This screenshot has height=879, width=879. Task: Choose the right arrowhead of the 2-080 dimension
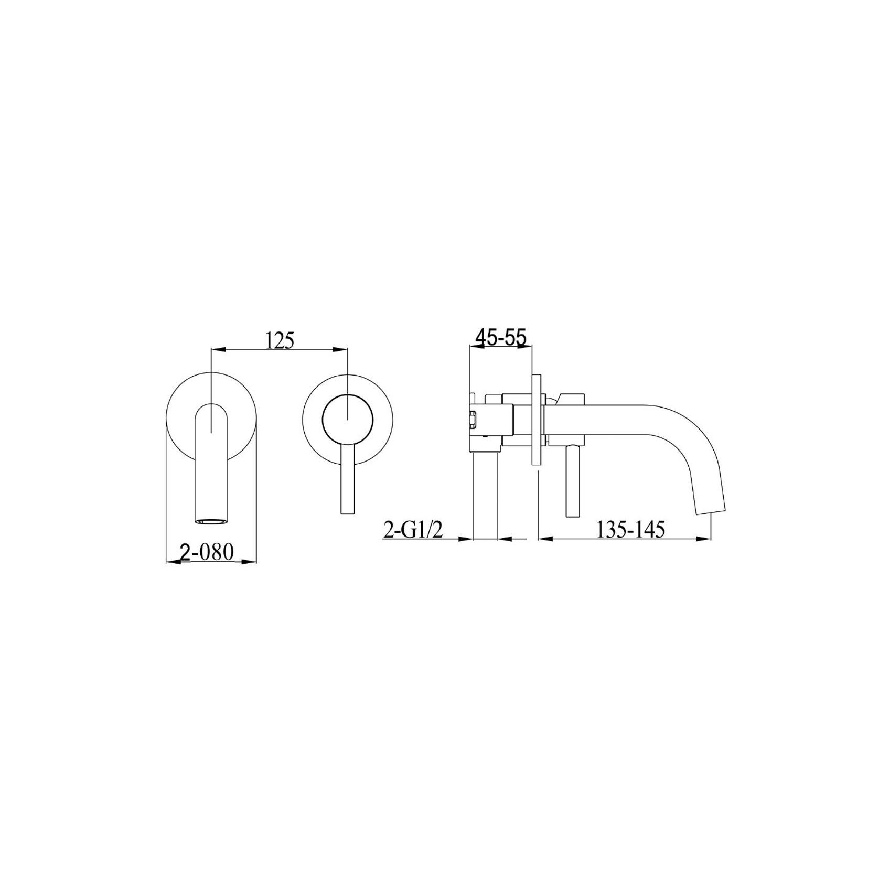253,562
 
